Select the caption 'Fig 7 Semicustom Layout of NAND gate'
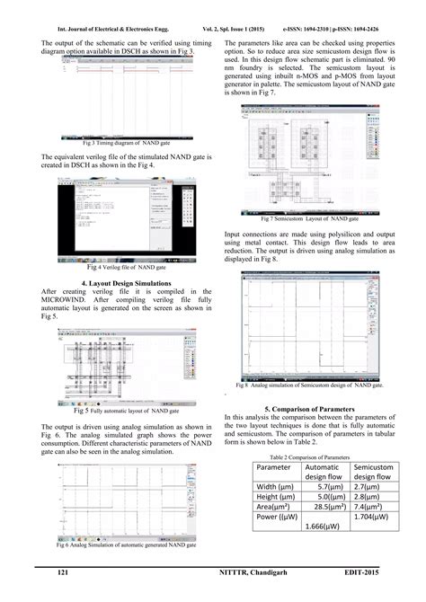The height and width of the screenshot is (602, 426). tap(309, 218)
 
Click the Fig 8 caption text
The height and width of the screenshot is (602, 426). tap(309, 385)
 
